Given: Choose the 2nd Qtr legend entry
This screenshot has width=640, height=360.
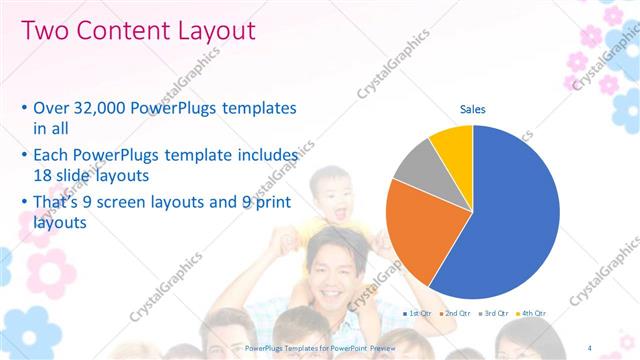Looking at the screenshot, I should pos(457,313).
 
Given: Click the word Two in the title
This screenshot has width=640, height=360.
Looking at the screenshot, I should pos(44,31).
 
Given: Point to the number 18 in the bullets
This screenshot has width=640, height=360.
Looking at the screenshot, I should pos(44,173).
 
